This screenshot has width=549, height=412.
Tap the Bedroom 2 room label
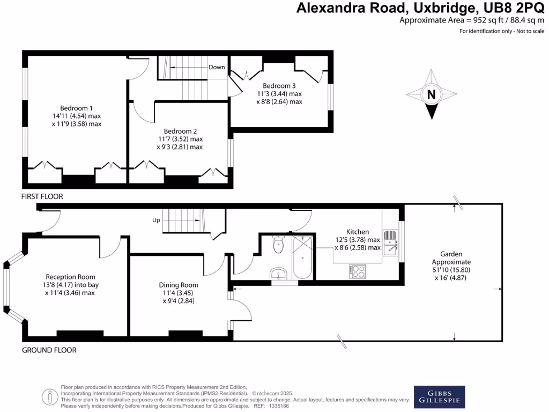pyautogui.click(x=180, y=131)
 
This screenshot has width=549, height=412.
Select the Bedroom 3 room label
pyautogui.click(x=279, y=85)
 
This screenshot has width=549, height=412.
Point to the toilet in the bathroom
pyautogui.click(x=278, y=246)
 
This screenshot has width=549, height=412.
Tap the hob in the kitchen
pyautogui.click(x=358, y=271)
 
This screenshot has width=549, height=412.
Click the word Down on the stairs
pyautogui.click(x=217, y=67)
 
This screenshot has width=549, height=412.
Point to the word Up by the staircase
pyautogui.click(x=157, y=220)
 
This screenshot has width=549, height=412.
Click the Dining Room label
pyautogui.click(x=179, y=285)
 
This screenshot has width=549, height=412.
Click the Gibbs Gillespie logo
pyautogui.click(x=439, y=397)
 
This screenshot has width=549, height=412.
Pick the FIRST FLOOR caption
pyautogui.click(x=42, y=197)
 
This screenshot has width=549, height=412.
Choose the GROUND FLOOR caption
pyautogui.click(x=49, y=350)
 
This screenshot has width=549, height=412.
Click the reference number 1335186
pyautogui.click(x=278, y=406)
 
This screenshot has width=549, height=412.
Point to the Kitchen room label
pyautogui.click(x=358, y=232)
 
